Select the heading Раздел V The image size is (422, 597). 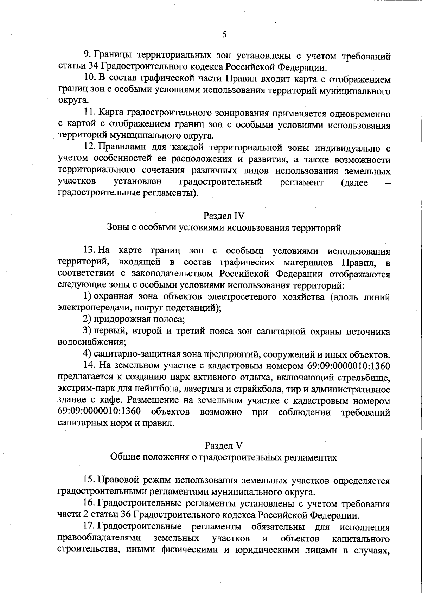point(224,445)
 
